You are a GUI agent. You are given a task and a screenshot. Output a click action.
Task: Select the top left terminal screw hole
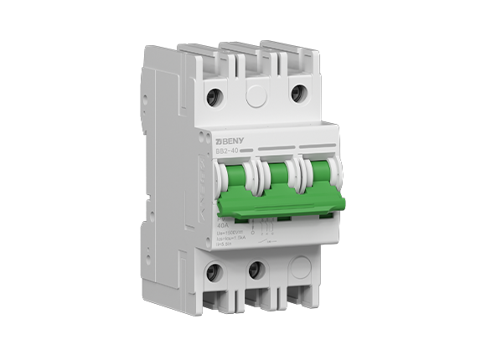215,95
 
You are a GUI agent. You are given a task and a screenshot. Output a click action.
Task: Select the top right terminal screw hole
297,92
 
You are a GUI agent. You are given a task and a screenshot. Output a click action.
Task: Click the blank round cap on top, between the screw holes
256,96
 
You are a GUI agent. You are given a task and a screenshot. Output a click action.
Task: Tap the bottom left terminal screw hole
215,271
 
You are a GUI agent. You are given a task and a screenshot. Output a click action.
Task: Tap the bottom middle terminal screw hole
256,270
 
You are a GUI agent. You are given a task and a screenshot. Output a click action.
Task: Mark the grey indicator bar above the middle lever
276,147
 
